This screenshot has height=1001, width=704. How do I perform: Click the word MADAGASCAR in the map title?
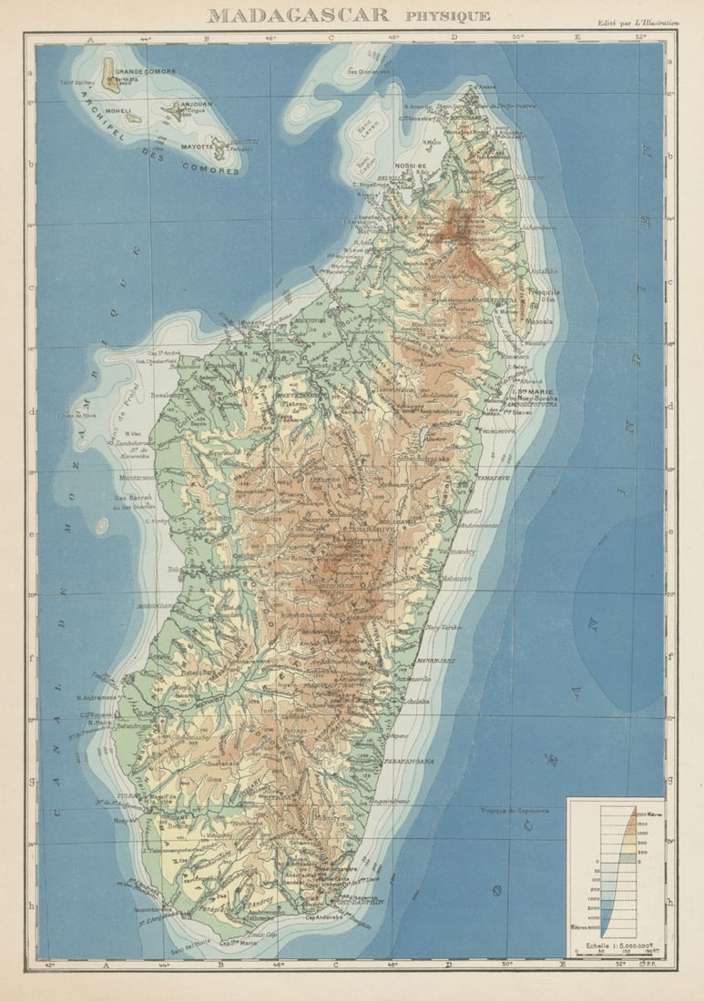click(x=298, y=15)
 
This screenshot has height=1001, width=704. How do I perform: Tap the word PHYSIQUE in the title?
click(x=447, y=15)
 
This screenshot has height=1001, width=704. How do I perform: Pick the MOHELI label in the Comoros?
click(x=120, y=111)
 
